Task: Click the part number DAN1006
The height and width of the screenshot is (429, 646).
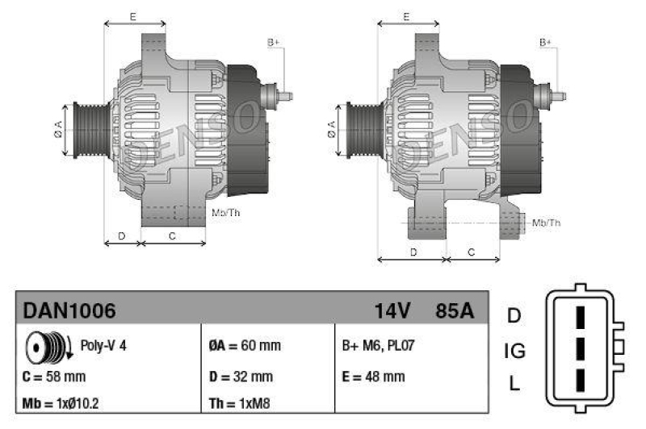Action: click(x=69, y=310)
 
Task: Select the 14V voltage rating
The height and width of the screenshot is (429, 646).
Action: click(x=392, y=310)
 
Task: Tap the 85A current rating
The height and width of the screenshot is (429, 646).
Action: click(x=455, y=310)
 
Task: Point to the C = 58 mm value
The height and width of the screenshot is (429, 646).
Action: click(x=55, y=377)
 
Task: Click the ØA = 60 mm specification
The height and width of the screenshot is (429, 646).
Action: click(x=245, y=346)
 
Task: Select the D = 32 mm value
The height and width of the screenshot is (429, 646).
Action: click(x=241, y=377)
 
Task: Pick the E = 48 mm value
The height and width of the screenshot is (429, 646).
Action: click(x=373, y=377)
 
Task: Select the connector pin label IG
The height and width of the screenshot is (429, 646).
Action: click(x=514, y=351)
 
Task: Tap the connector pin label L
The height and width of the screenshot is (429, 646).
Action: click(x=514, y=385)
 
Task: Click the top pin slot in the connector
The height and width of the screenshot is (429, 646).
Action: click(x=580, y=316)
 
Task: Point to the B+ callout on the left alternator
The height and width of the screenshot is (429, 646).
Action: click(x=273, y=42)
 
